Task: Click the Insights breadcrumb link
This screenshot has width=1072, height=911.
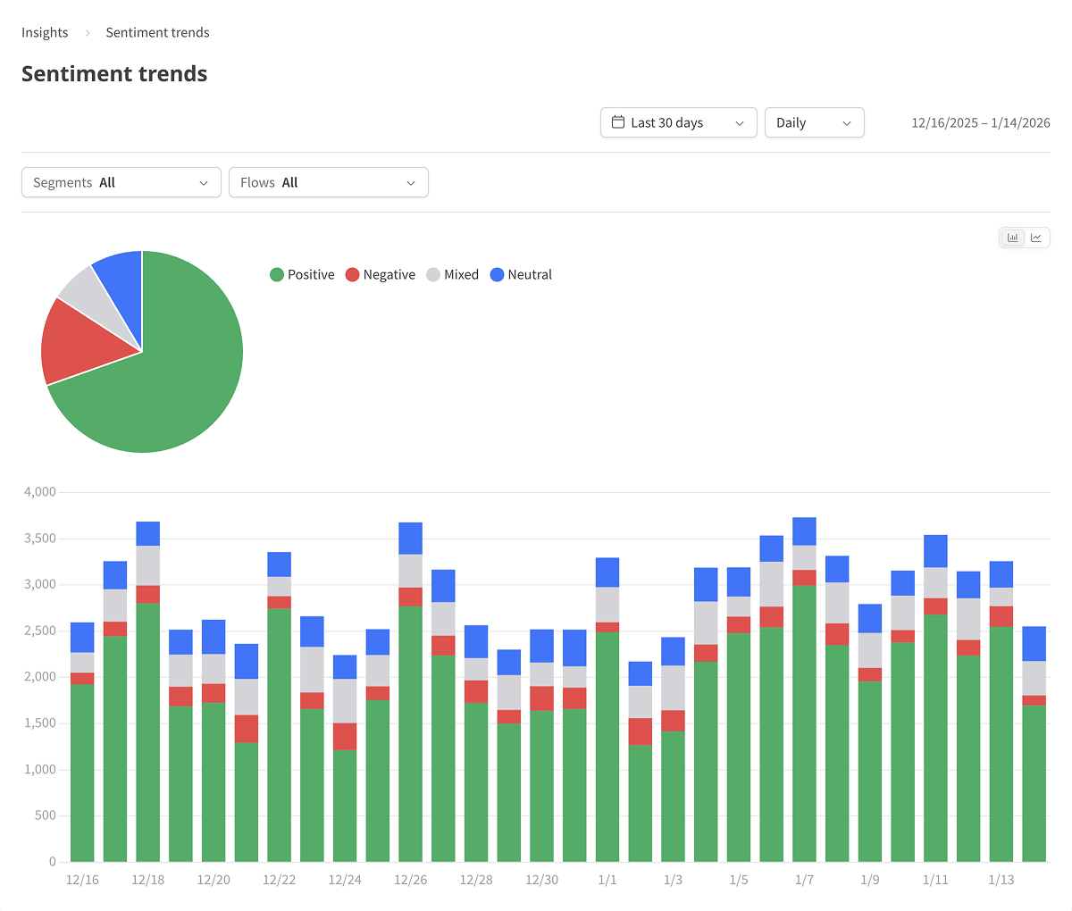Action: tap(45, 33)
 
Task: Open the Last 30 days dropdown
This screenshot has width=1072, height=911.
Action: tap(678, 123)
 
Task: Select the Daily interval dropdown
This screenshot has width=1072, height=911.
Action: tap(814, 123)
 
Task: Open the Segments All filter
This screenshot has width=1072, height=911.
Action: tap(121, 183)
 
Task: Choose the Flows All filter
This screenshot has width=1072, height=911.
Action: tap(328, 183)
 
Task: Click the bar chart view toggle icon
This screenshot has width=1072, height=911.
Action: tap(1012, 238)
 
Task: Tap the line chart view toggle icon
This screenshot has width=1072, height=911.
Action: tap(1036, 238)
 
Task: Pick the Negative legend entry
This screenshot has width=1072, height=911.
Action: tap(381, 275)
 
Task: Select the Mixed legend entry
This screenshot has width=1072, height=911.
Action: tap(453, 275)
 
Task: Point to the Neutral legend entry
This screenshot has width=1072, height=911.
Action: tap(522, 275)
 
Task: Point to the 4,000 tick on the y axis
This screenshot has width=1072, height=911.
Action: tap(39, 492)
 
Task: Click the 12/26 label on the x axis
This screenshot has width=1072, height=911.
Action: tap(411, 881)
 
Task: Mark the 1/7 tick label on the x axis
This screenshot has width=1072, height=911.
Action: tap(804, 881)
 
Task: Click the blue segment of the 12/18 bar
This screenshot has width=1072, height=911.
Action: tap(148, 533)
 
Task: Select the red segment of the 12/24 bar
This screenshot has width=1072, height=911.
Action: tap(345, 736)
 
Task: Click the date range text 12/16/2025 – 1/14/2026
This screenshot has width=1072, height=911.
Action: tap(980, 123)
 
